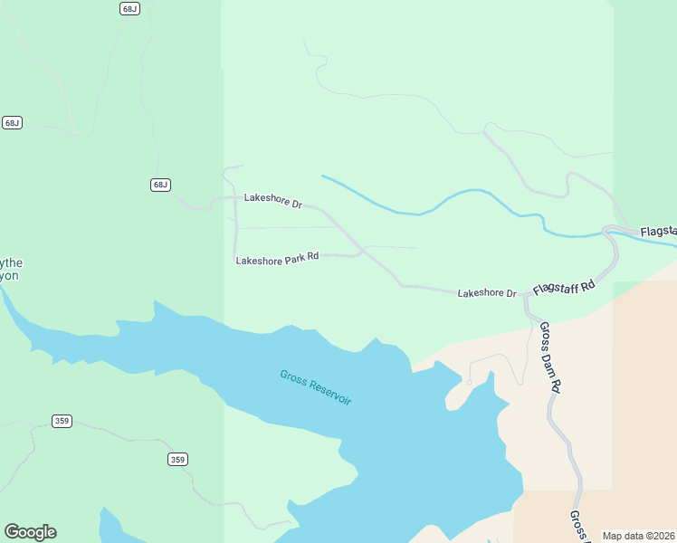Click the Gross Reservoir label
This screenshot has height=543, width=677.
click(x=315, y=387)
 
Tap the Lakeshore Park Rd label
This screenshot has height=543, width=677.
click(x=277, y=259)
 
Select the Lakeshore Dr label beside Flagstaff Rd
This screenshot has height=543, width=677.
click(x=486, y=293)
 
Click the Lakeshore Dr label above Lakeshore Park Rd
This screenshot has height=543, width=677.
click(x=272, y=201)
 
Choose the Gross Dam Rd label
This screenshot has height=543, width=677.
click(x=550, y=357)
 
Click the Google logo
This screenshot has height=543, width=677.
click(x=30, y=532)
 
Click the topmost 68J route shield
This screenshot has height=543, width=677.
click(x=129, y=8)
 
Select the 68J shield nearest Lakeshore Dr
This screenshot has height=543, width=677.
click(x=159, y=185)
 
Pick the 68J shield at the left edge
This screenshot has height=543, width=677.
click(x=12, y=122)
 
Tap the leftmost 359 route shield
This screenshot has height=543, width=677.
click(x=62, y=421)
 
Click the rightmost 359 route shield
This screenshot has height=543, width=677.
click(x=177, y=460)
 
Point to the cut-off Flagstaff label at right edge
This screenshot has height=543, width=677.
click(x=658, y=233)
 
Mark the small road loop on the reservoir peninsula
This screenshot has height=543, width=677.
click(x=469, y=382)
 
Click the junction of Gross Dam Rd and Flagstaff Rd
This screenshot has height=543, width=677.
click(x=526, y=295)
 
